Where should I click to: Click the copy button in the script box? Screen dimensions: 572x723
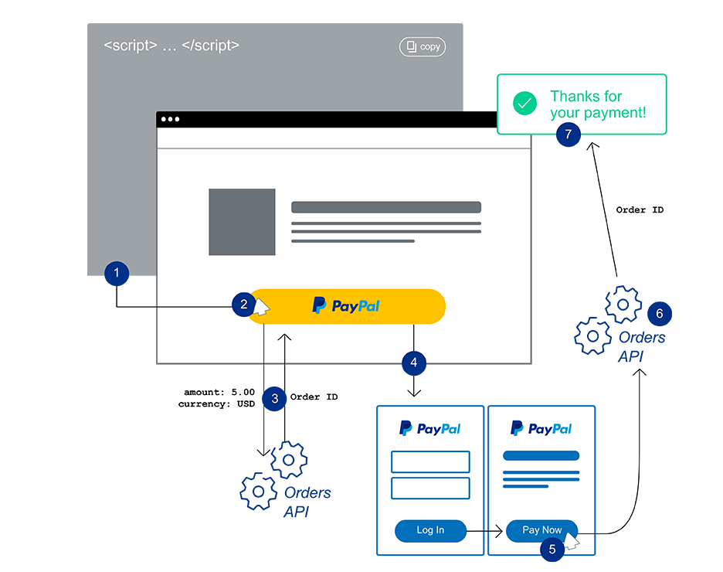[x=423, y=47]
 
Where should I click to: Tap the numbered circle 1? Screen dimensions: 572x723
[x=117, y=273]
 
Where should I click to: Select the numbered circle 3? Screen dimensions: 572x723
[x=273, y=398]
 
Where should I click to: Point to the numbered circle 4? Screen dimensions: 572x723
[x=414, y=361]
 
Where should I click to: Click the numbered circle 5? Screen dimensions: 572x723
[x=552, y=550]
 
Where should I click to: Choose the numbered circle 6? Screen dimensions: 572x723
[x=659, y=314]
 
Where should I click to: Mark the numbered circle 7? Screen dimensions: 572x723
[x=569, y=134]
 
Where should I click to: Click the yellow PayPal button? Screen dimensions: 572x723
[x=348, y=306]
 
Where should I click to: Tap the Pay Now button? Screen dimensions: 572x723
[x=541, y=530]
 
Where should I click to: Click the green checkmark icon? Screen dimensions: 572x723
[x=525, y=104]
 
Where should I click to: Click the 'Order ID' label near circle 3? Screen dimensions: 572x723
[x=314, y=397]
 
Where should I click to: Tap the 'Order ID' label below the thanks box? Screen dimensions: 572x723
[x=640, y=210]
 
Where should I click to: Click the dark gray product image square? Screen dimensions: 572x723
[x=242, y=222]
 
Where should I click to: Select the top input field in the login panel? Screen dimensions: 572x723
[x=430, y=462]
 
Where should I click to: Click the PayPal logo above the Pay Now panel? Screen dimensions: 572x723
[x=541, y=429]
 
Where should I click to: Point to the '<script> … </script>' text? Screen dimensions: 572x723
[x=171, y=46]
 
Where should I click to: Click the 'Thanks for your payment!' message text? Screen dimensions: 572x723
[x=597, y=104]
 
